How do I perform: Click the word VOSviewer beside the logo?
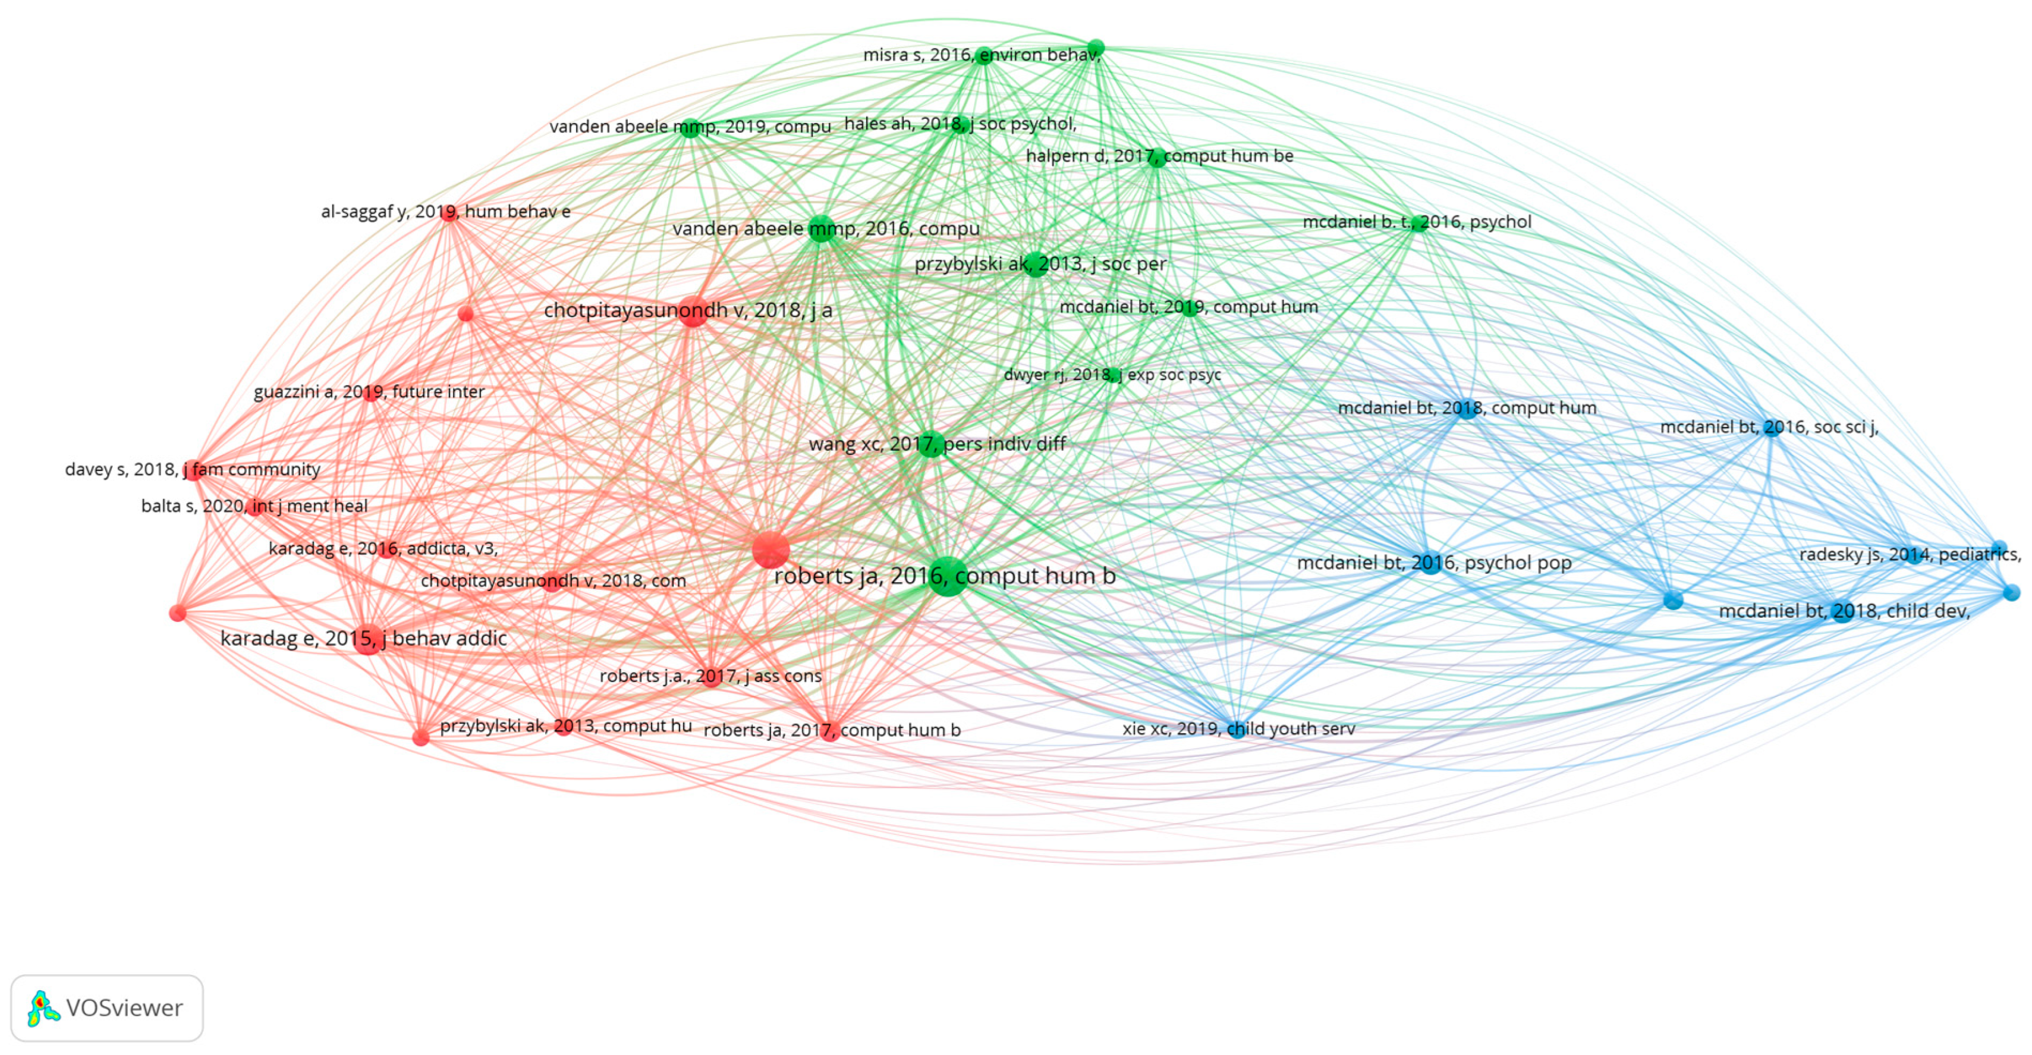125,1009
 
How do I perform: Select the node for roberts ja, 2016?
948,576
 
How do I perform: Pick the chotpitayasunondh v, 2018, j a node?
693,311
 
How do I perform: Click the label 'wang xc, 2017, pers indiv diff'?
937,444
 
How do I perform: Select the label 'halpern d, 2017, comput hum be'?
1159,156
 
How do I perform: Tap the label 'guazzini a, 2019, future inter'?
369,392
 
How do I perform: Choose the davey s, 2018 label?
193,469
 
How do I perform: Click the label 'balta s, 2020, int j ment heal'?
254,506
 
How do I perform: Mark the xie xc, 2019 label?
1238,729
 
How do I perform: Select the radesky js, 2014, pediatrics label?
1909,555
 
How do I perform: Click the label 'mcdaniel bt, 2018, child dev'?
1844,611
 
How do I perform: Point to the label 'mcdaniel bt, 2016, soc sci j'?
1769,427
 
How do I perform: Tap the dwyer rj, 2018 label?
1112,375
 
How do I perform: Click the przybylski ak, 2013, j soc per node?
1036,264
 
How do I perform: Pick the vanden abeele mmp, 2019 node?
690,127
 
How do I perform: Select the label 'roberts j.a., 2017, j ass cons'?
710,676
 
